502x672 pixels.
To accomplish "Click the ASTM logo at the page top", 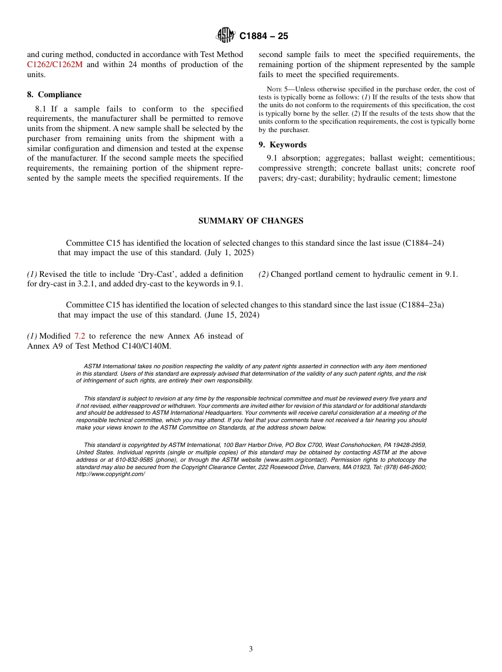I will (x=226, y=36).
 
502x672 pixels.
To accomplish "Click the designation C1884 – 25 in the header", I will (x=264, y=36).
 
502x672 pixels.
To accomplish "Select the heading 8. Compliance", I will (x=54, y=95).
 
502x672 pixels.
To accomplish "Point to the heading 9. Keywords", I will (x=282, y=145).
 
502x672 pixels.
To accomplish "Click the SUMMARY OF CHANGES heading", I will (x=250, y=221).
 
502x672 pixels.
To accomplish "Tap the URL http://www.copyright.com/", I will (x=110, y=474).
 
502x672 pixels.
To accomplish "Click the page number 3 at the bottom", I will (x=251, y=649).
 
